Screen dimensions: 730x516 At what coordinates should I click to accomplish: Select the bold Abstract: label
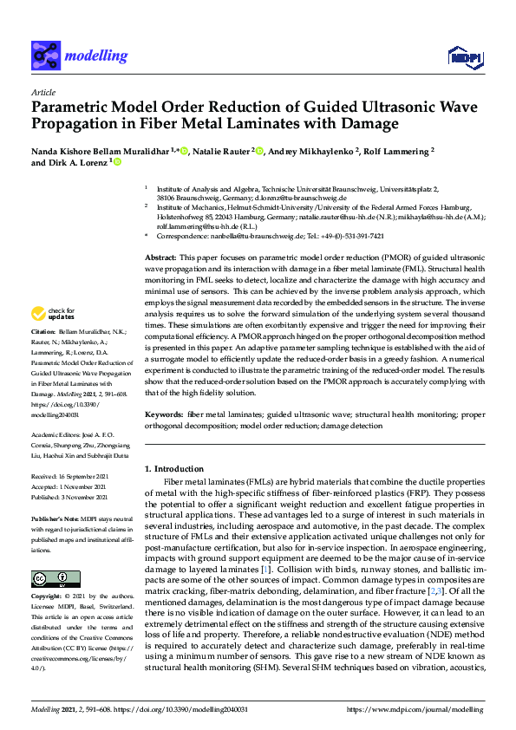[160, 258]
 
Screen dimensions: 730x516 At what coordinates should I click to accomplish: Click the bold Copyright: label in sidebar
[48, 598]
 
